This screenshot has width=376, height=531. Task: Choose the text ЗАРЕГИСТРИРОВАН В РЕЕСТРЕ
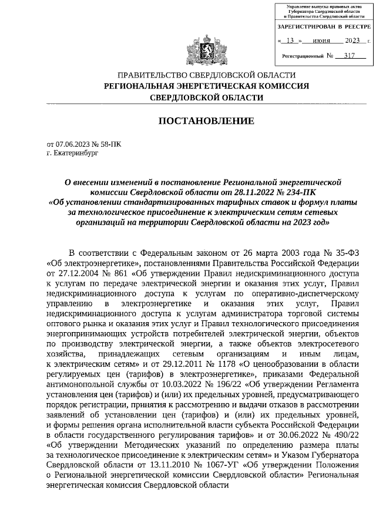[x=324, y=27]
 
